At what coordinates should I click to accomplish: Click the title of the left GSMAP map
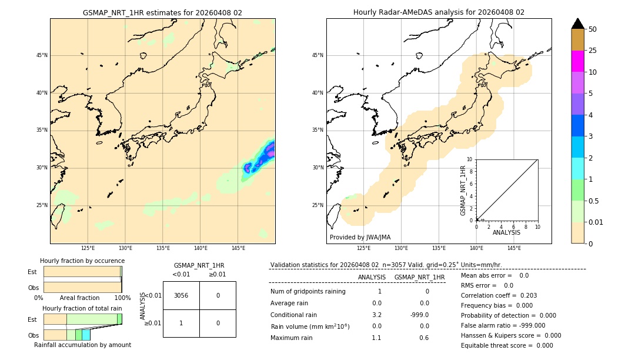coord(162,12)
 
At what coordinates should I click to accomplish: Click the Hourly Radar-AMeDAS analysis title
coord(439,12)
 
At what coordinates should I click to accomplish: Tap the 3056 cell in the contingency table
coord(181,295)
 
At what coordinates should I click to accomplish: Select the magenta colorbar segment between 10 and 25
coord(578,61)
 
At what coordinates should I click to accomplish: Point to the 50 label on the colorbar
coord(593,29)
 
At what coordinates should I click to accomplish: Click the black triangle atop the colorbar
coord(578,24)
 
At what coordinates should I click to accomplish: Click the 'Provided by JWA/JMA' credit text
coord(360,238)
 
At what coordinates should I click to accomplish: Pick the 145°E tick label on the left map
coord(238,249)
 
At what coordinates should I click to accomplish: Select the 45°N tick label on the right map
coord(317,55)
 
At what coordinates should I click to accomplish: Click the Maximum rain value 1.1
coord(376,338)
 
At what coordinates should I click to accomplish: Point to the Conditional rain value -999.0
coord(419,315)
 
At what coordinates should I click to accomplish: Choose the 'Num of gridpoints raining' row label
coord(308,292)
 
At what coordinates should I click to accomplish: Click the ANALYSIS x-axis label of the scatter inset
coord(506,232)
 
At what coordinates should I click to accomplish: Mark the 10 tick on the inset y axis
coord(470,159)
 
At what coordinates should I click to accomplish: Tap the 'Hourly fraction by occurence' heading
coord(82,261)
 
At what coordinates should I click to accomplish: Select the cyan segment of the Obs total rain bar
coord(86,335)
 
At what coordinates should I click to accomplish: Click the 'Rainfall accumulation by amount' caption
coord(82,345)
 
